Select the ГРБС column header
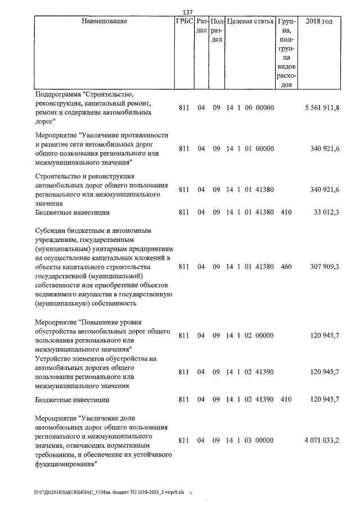click(x=184, y=21)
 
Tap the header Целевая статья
click(x=250, y=21)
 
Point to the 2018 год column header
click(x=319, y=21)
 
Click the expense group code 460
click(x=286, y=267)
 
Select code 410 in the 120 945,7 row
click(x=286, y=399)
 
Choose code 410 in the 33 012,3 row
click(x=286, y=213)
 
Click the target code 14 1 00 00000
click(x=250, y=108)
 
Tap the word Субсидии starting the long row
click(x=51, y=231)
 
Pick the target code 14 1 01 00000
click(x=250, y=149)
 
